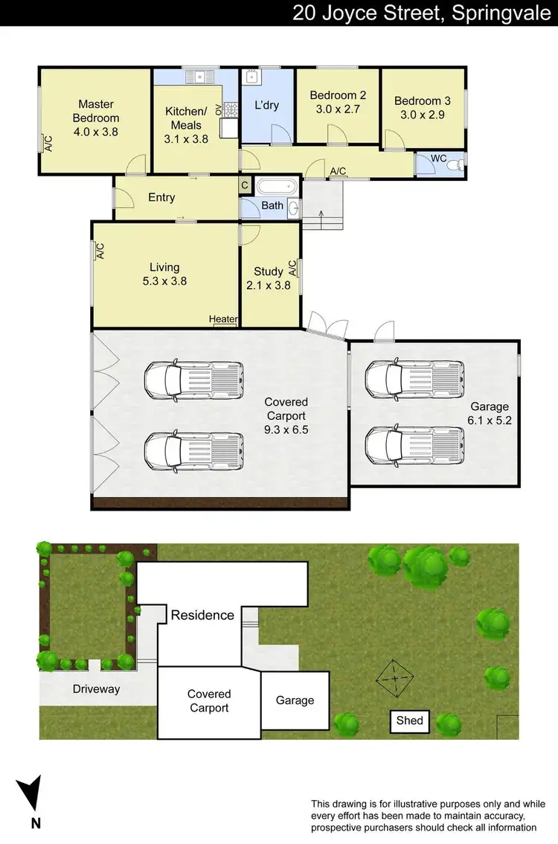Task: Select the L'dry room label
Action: pos(266,105)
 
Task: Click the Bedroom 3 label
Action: pos(423,101)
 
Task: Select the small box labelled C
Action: pos(245,185)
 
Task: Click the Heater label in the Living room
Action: pos(223,319)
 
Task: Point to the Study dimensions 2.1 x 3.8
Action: pos(269,285)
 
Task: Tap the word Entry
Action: pos(161,197)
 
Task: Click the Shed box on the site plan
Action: pos(409,720)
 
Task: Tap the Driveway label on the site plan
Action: pos(96,689)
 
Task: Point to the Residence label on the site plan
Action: pos(202,615)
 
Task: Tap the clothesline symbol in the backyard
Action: pos(395,677)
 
